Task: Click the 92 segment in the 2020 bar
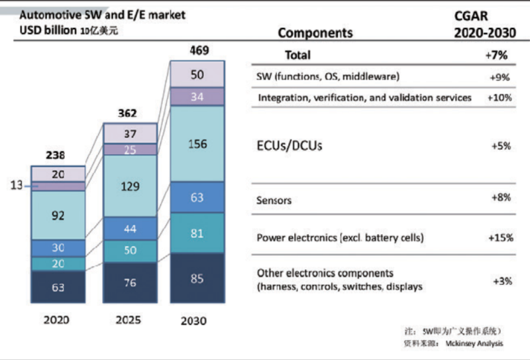click(58, 215)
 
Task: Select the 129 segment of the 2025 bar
click(130, 187)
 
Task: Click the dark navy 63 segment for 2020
click(58, 287)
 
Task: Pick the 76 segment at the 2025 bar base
click(130, 282)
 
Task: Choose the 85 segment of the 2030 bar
click(197, 279)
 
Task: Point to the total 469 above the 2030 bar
click(197, 51)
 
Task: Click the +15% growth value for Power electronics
click(498, 237)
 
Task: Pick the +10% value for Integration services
click(498, 97)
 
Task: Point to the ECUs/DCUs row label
click(290, 145)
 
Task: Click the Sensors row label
click(274, 200)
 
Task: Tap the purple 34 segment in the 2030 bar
click(197, 97)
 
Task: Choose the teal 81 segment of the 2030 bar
click(197, 233)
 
